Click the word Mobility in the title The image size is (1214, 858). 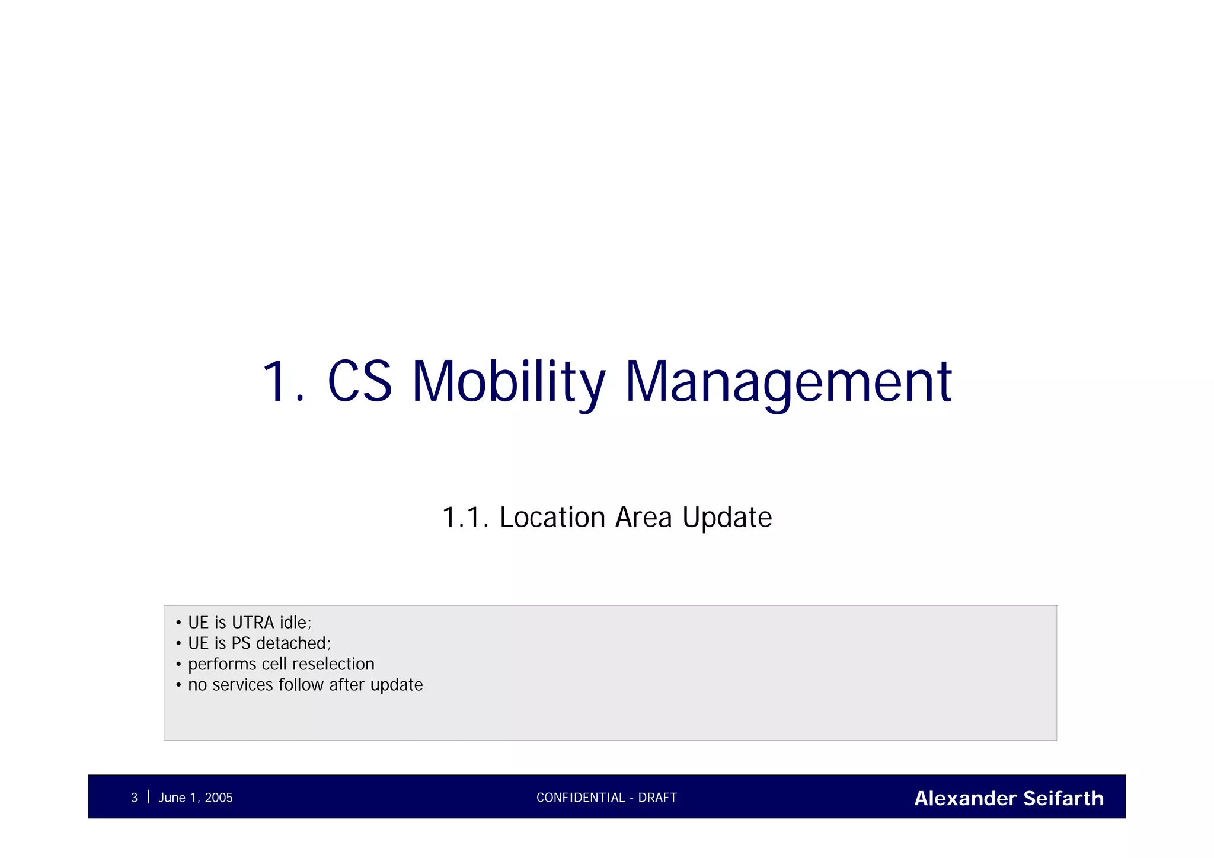point(509,382)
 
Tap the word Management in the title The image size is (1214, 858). point(788,382)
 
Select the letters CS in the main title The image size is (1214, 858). point(360,382)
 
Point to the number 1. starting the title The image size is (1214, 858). point(282,382)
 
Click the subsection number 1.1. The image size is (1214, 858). point(465,518)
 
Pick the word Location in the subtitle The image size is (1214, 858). point(552,518)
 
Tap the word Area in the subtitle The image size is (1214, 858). point(643,518)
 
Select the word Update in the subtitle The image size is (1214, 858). point(727,518)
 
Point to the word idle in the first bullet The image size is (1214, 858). point(295,623)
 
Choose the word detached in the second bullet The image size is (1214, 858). point(293,643)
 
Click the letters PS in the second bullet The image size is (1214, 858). point(241,643)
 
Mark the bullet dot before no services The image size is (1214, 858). point(178,685)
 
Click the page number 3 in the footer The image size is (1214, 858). point(134,798)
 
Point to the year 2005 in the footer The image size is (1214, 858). point(219,798)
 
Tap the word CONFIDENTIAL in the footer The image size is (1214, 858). point(580,798)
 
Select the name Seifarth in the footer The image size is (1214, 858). point(1063,798)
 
